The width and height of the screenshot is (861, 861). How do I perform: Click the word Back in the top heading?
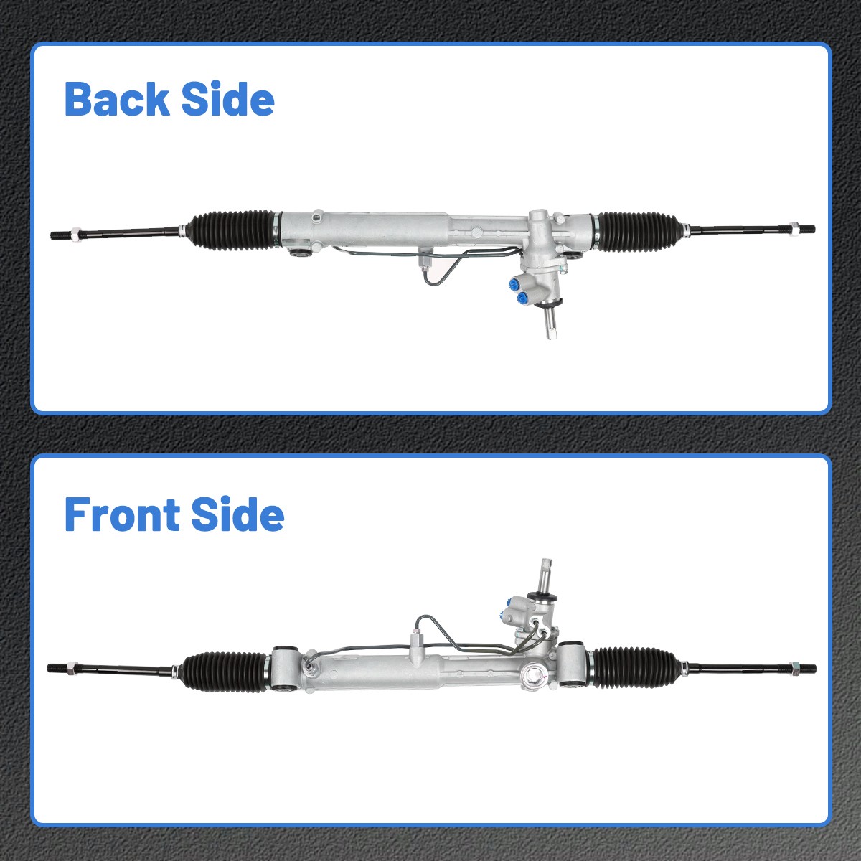116,99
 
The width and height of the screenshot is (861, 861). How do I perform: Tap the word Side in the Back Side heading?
227,99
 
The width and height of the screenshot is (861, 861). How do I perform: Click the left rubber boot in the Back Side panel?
231,230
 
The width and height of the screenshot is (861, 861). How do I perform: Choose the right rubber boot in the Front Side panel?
634,667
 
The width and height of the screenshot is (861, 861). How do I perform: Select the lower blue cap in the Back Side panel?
519,297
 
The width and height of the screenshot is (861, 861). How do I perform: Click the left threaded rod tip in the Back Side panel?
60,234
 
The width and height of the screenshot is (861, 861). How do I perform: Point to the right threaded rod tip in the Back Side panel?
806,230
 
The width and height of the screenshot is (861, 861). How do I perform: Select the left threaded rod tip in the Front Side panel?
56,668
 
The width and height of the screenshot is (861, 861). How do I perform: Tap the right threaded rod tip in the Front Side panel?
808,667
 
